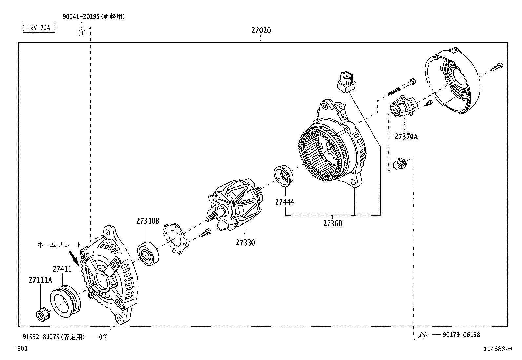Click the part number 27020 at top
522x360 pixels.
(x=261, y=30)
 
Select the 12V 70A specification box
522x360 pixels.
(x=39, y=28)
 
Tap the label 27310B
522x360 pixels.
(x=148, y=221)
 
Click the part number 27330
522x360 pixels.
(x=245, y=243)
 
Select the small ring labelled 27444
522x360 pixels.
(x=284, y=176)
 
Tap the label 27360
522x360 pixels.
(x=332, y=224)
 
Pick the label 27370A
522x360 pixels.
(x=406, y=137)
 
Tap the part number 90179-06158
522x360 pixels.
(x=461, y=334)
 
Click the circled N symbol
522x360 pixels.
(x=423, y=335)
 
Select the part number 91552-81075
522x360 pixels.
(x=42, y=337)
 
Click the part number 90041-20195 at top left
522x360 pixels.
(x=80, y=17)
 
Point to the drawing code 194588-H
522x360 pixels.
(x=497, y=349)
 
